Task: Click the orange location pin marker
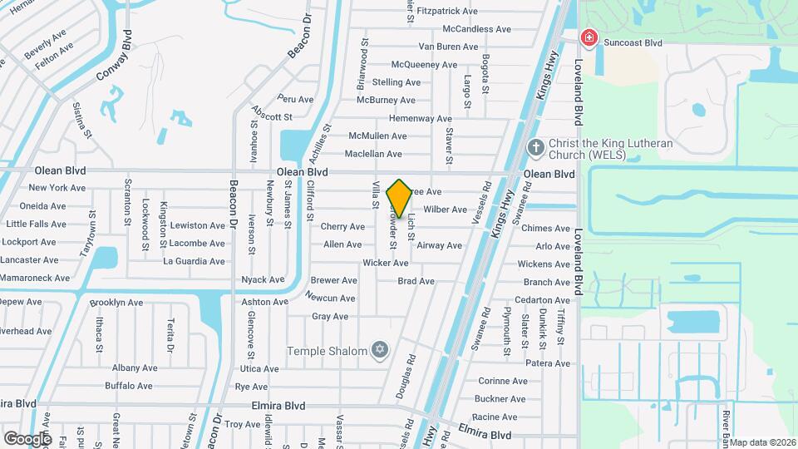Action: click(399, 199)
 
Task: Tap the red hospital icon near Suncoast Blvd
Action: click(589, 37)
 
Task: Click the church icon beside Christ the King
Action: click(536, 148)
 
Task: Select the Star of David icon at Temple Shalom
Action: click(381, 350)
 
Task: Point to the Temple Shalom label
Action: click(327, 351)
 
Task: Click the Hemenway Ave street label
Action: click(420, 119)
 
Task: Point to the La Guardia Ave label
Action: click(194, 261)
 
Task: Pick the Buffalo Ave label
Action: click(129, 386)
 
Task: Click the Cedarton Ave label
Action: click(542, 300)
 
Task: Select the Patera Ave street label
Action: click(548, 363)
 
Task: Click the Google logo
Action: click(27, 438)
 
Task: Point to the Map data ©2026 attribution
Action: click(762, 442)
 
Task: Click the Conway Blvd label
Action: click(115, 57)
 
